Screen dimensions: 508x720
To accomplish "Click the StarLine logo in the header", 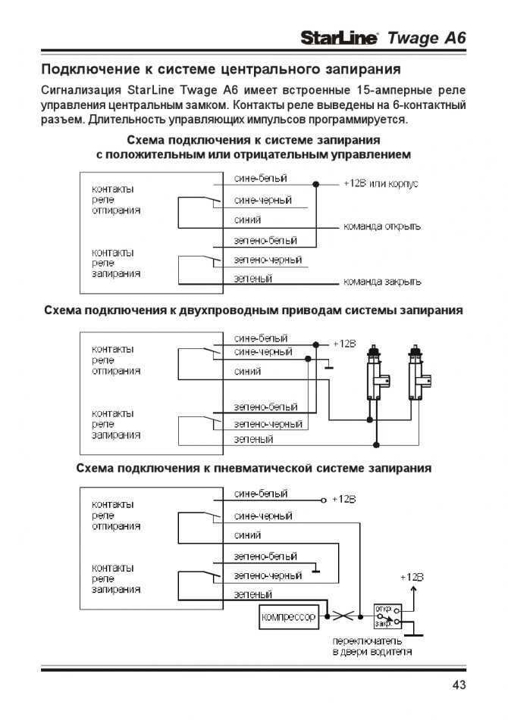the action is tap(339, 37).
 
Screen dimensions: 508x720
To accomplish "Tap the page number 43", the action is tap(459, 684).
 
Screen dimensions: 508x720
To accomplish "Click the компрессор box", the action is tap(289, 617).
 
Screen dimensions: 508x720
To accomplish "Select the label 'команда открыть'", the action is tap(382, 226).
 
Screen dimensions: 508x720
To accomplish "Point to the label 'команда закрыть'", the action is tap(382, 282).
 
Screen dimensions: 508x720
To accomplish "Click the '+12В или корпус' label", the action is tap(381, 183).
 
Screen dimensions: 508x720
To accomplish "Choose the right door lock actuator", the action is tap(418, 372).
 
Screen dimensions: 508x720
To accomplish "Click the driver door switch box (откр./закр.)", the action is tap(387, 617).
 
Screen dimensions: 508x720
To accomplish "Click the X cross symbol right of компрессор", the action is tap(343, 616).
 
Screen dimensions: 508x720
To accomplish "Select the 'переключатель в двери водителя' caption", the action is tap(372, 646).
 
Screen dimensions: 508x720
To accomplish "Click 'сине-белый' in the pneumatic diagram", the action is tap(261, 494).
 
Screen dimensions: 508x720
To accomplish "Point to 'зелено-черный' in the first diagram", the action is tap(268, 260).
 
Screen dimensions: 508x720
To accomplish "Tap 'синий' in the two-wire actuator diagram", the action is tap(247, 371).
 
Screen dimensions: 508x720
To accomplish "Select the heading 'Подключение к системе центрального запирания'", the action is tap(221, 70).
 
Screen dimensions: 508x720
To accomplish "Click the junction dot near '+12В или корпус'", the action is tap(316, 184).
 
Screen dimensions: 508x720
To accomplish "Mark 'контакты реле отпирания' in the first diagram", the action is tap(116, 200).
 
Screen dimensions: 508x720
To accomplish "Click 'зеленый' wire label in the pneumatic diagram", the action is tap(252, 594).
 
